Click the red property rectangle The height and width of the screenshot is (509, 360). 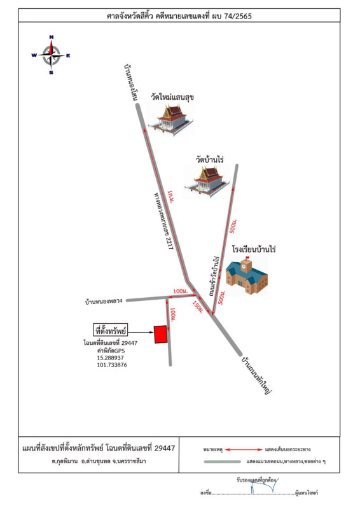click(x=161, y=334)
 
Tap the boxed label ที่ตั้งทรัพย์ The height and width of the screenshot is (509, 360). click(x=111, y=330)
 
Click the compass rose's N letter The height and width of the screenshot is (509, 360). click(x=52, y=37)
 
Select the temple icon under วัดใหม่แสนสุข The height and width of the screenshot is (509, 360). click(x=170, y=120)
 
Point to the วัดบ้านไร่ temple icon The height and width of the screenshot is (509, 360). click(x=207, y=181)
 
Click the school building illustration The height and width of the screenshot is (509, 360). click(x=247, y=275)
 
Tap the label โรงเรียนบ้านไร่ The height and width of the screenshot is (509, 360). click(x=254, y=249)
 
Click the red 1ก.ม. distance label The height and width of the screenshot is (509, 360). click(x=171, y=197)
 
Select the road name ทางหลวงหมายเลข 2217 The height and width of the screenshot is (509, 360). click(x=163, y=221)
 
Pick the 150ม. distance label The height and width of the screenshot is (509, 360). click(x=198, y=307)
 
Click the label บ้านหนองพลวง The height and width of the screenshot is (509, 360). click(x=104, y=301)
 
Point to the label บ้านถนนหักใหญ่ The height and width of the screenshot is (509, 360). click(x=256, y=375)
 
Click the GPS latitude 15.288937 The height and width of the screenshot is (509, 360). click(x=111, y=358)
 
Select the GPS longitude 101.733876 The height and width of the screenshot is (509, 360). click(x=112, y=365)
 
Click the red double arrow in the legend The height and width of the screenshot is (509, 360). click(x=244, y=450)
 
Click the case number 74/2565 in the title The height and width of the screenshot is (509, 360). click(x=238, y=16)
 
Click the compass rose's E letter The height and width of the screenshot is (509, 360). click(x=68, y=55)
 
